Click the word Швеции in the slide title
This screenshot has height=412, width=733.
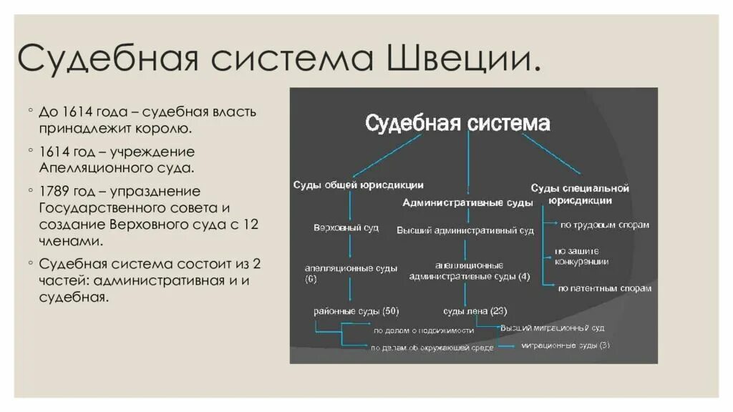(x=462, y=58)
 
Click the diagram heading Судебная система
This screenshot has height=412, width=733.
(x=457, y=124)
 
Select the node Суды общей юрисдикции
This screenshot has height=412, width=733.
(x=358, y=185)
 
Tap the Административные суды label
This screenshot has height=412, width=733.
(x=467, y=202)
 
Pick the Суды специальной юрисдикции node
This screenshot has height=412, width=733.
(x=580, y=195)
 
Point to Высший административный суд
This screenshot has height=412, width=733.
(x=465, y=230)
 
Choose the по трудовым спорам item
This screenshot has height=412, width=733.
(x=604, y=225)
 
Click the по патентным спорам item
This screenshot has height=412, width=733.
(x=604, y=288)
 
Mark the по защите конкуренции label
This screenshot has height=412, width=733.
(x=581, y=256)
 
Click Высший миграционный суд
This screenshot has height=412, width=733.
(x=552, y=328)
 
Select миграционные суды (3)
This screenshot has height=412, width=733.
(x=565, y=345)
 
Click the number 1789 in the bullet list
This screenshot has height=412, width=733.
(x=55, y=192)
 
